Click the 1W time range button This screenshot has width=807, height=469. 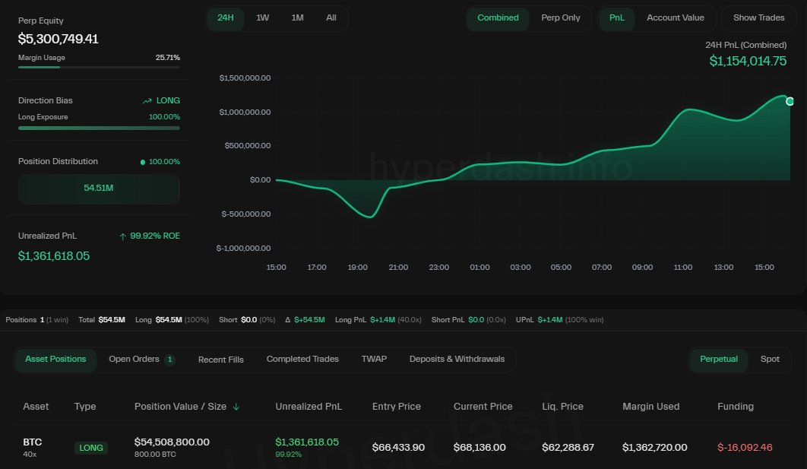(262, 17)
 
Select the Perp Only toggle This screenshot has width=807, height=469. (560, 17)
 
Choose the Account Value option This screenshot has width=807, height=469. (675, 17)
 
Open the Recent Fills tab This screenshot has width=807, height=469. (220, 360)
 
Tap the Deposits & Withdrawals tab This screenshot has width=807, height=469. (457, 360)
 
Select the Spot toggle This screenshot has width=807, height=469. (770, 360)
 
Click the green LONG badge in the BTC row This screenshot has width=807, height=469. (91, 448)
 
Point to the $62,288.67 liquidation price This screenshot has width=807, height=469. (568, 447)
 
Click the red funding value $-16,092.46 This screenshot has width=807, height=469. (744, 447)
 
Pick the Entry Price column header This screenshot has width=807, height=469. (396, 407)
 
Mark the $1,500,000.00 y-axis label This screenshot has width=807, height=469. (245, 78)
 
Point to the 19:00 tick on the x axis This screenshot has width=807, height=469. (357, 268)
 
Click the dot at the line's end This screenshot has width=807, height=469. (790, 101)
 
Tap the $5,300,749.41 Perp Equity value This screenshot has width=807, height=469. (59, 39)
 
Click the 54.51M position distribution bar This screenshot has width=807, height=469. (99, 188)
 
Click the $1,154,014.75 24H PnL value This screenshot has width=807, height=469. (748, 61)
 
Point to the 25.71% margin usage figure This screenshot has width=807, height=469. (167, 58)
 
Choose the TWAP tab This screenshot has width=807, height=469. (374, 360)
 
